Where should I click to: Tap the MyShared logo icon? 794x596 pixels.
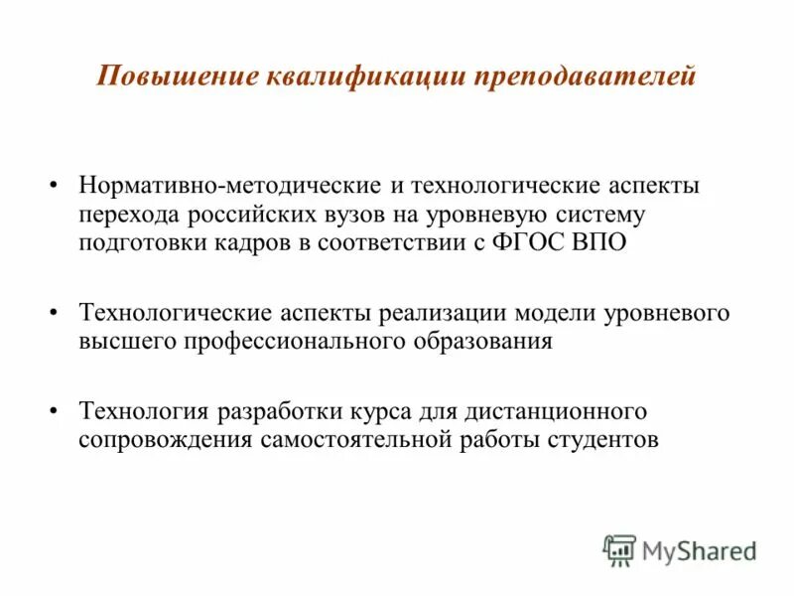(619, 549)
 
